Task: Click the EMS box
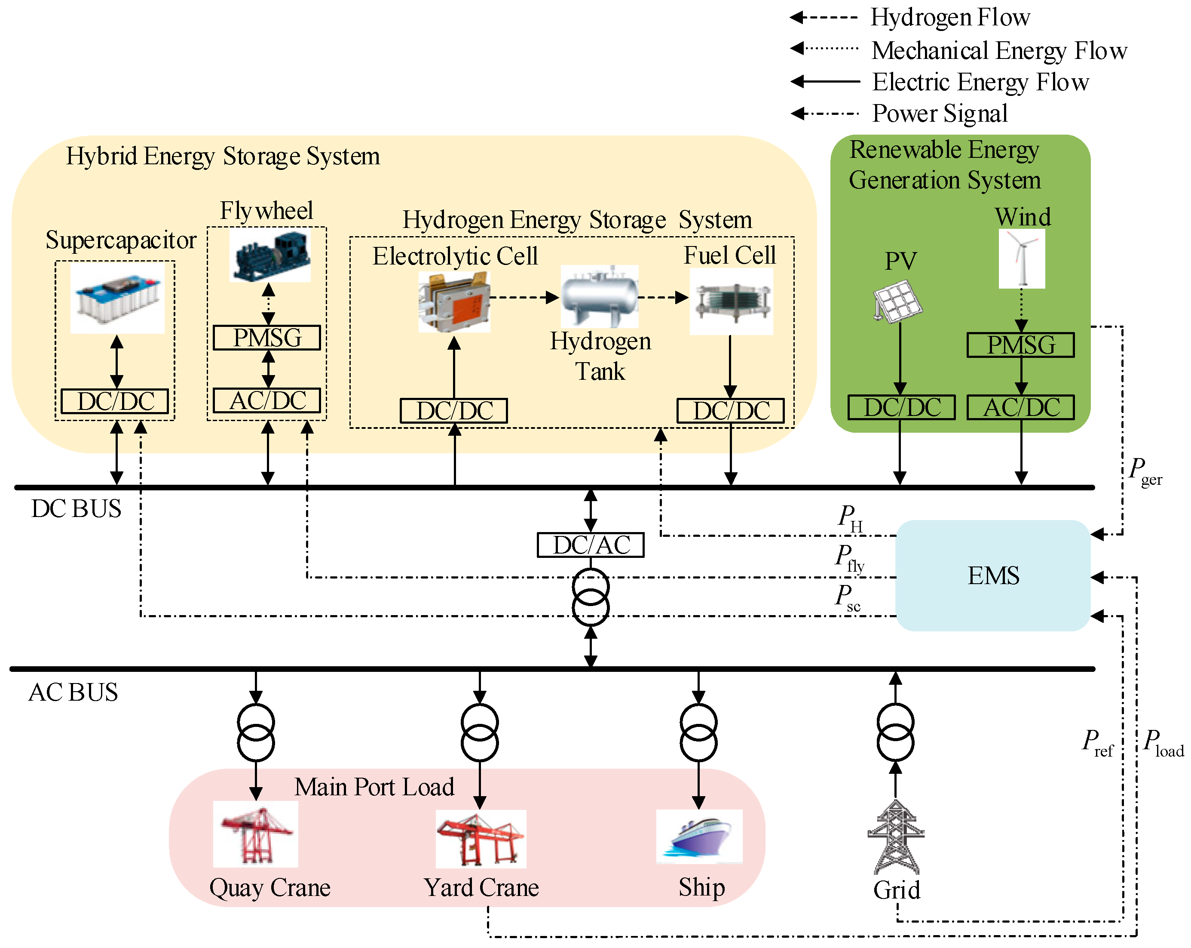point(993,576)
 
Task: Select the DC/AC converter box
point(591,545)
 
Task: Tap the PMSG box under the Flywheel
point(267,338)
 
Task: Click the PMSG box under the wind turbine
point(1020,345)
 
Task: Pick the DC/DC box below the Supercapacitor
point(115,401)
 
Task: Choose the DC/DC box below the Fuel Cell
point(730,411)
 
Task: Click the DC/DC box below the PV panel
point(901,407)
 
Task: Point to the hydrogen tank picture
point(599,296)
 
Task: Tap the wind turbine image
point(1021,259)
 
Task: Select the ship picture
point(699,836)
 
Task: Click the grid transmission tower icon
point(895,837)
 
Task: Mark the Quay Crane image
point(256,834)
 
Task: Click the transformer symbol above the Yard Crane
point(480,733)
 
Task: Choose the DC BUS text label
point(76,508)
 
